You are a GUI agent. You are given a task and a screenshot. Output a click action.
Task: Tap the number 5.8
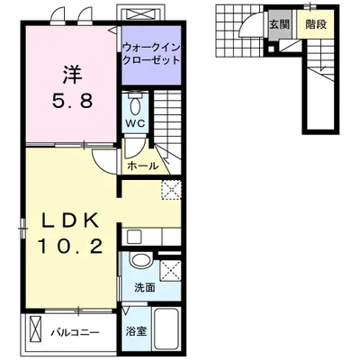click(73, 101)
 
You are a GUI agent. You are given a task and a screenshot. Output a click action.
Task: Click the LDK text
click(71, 221)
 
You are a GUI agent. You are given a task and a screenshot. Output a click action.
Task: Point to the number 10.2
click(71, 247)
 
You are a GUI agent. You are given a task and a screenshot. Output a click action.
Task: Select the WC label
click(135, 123)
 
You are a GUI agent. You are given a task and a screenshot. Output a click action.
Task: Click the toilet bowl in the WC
click(136, 105)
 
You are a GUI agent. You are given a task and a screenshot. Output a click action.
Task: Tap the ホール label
click(142, 166)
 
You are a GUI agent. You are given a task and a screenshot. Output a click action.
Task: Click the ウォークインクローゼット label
click(151, 54)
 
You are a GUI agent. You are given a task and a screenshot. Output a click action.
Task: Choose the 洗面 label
click(145, 288)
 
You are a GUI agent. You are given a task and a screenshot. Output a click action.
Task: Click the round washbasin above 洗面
click(140, 260)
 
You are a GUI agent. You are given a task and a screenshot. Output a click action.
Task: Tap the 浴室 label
click(136, 331)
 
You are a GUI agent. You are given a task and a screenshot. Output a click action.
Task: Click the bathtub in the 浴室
click(166, 329)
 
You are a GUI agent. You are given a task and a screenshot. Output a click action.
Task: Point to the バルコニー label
click(75, 332)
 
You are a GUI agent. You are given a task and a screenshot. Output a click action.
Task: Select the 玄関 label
click(279, 24)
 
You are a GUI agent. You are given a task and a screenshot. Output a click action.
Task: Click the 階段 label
click(316, 24)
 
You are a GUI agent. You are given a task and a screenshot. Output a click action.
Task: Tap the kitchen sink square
click(134, 237)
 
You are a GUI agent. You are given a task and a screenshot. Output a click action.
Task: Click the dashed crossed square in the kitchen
click(172, 190)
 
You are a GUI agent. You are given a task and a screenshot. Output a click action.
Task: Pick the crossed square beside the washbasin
click(170, 271)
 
